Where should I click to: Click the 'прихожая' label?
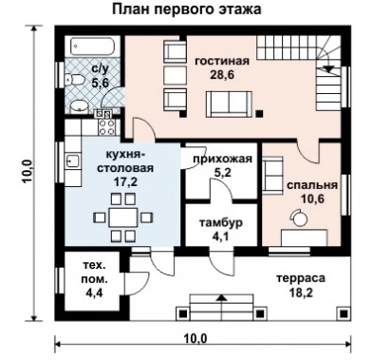(221, 160)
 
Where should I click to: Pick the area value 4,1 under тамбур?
(221, 237)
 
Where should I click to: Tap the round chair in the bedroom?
(298, 217)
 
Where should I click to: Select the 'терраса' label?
(302, 278)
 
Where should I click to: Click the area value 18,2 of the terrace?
(302, 294)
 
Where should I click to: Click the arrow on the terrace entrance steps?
(222, 300)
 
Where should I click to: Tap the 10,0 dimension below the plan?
(195, 337)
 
